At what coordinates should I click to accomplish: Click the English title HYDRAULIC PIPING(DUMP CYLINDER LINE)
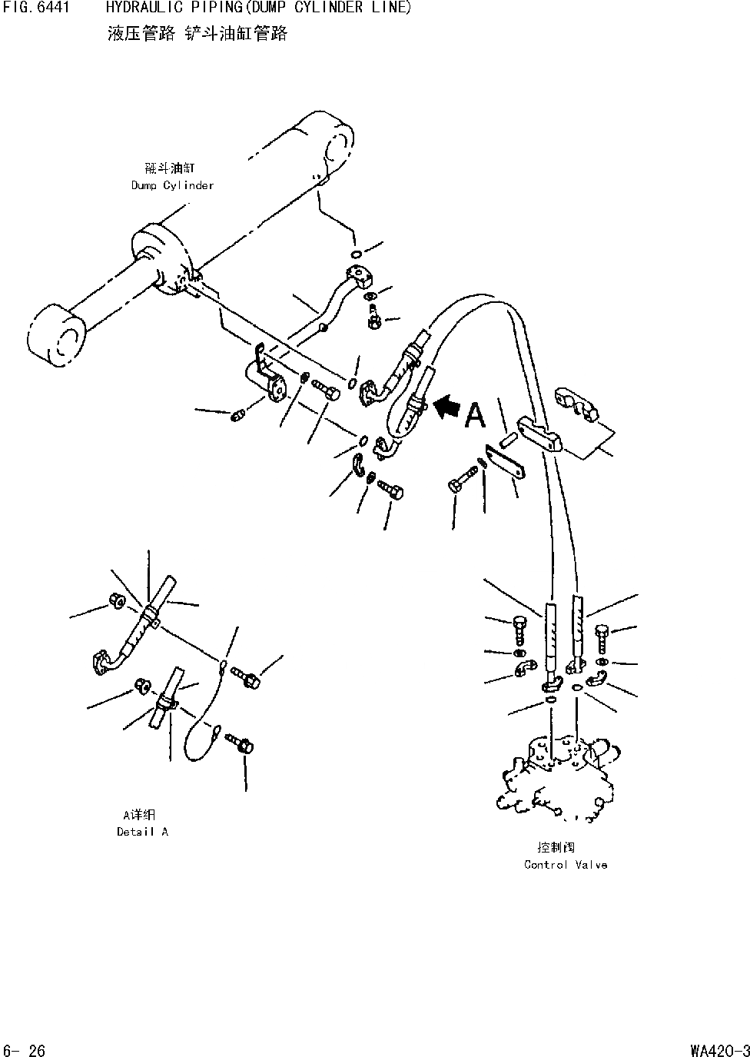258,8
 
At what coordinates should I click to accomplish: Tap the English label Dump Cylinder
172,185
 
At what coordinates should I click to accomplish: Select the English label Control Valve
566,865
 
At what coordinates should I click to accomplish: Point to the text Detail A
142,832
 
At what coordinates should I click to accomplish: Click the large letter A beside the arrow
475,415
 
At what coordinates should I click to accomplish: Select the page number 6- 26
25,1050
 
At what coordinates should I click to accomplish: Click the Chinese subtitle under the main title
197,34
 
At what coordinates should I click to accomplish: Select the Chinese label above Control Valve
556,848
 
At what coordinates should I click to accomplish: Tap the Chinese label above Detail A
139,815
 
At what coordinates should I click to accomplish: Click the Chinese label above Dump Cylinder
169,168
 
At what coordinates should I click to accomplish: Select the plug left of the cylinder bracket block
237,416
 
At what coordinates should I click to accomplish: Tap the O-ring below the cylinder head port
356,254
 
